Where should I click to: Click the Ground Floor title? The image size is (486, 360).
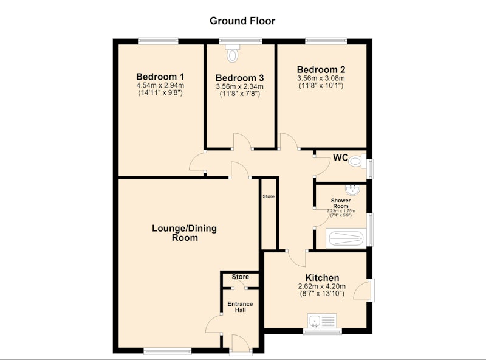click(x=242, y=21)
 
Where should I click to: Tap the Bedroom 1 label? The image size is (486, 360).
click(x=160, y=77)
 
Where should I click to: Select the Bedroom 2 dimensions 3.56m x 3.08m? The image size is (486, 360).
click(x=321, y=78)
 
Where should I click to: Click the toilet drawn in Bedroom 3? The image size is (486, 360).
click(x=233, y=53)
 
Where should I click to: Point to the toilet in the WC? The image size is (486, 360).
click(x=357, y=161)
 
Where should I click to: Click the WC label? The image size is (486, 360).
click(x=340, y=157)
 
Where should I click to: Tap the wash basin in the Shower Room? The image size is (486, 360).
click(x=352, y=189)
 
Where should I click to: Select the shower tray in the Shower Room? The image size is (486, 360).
click(x=346, y=238)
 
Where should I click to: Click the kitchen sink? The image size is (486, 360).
click(x=322, y=320)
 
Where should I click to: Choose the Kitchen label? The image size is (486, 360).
click(x=322, y=277)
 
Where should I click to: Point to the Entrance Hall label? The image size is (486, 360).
click(x=240, y=306)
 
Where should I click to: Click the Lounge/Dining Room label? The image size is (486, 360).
click(x=185, y=233)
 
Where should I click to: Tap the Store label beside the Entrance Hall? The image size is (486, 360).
click(x=240, y=277)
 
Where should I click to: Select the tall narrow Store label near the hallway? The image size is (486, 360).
click(x=269, y=196)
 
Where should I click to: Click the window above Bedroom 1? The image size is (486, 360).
click(x=158, y=41)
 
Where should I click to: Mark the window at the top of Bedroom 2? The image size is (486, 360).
click(x=326, y=41)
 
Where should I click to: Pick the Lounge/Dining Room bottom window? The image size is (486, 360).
click(x=168, y=351)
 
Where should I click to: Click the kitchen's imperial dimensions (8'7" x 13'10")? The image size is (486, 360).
click(x=322, y=294)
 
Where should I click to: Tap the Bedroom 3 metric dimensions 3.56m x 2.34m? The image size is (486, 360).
click(x=239, y=86)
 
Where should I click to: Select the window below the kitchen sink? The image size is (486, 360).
click(x=323, y=331)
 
